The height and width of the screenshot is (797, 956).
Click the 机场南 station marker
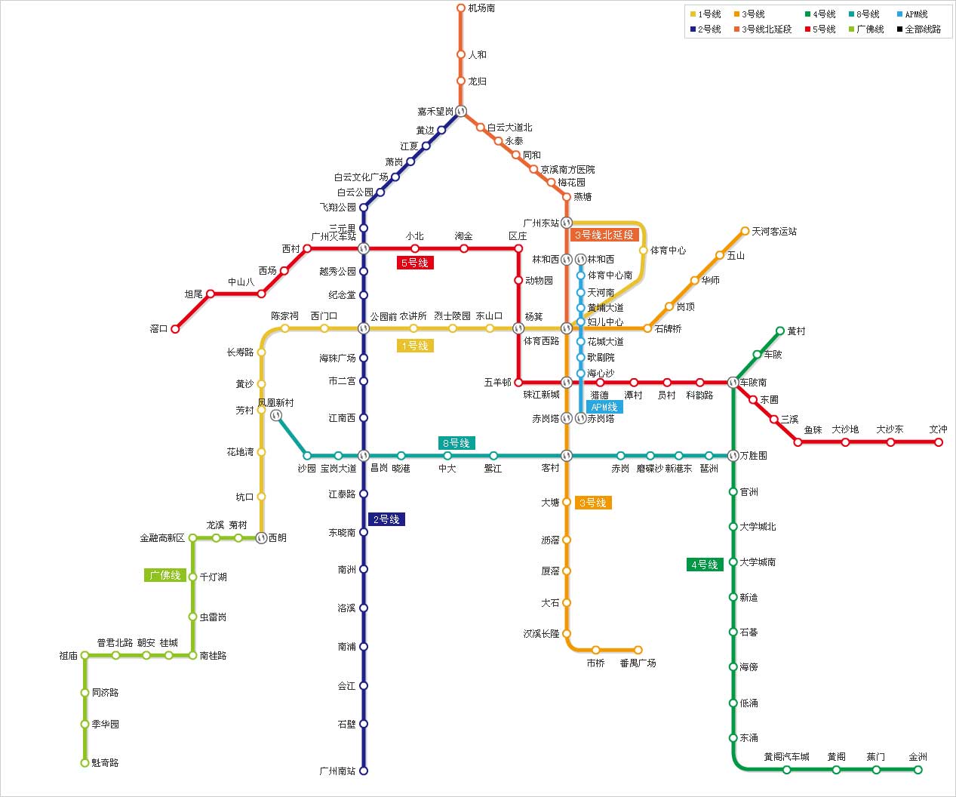(x=461, y=8)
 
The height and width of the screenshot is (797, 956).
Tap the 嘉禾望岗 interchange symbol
(x=461, y=111)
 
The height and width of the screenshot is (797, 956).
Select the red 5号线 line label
(x=415, y=263)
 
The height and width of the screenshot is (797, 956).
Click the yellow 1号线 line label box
(x=415, y=346)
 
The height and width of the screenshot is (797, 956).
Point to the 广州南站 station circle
(x=363, y=771)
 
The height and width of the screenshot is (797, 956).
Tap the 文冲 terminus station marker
(x=939, y=442)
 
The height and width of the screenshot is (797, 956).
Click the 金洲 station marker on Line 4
(x=918, y=770)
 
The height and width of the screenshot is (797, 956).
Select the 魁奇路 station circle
(x=85, y=763)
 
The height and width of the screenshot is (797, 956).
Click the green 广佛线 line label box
(x=165, y=575)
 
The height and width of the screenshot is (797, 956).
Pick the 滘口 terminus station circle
(x=175, y=329)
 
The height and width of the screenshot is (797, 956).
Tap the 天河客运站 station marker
(x=745, y=231)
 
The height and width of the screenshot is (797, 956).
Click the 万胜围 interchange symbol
(x=733, y=455)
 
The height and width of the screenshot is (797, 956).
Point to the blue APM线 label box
(x=604, y=407)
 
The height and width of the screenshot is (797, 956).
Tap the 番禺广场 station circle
(x=638, y=650)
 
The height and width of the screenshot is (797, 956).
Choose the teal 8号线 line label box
(x=456, y=443)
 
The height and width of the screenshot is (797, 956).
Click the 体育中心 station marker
(x=644, y=250)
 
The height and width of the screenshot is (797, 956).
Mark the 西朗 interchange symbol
(x=261, y=537)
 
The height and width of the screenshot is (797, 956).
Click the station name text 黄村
(x=796, y=331)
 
